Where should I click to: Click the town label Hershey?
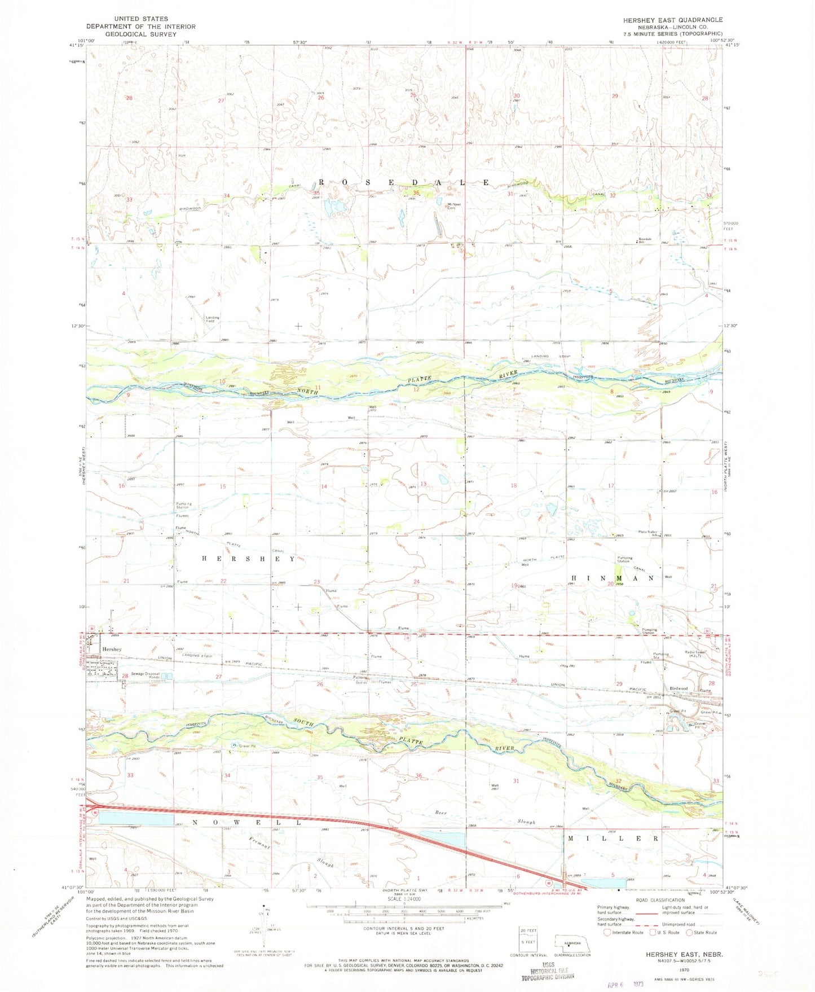tap(112, 649)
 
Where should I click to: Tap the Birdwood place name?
tap(678, 688)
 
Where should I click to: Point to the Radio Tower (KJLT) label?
tap(694, 654)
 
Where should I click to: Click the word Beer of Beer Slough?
tap(442, 813)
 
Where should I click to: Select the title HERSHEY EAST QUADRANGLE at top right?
tap(672, 20)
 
